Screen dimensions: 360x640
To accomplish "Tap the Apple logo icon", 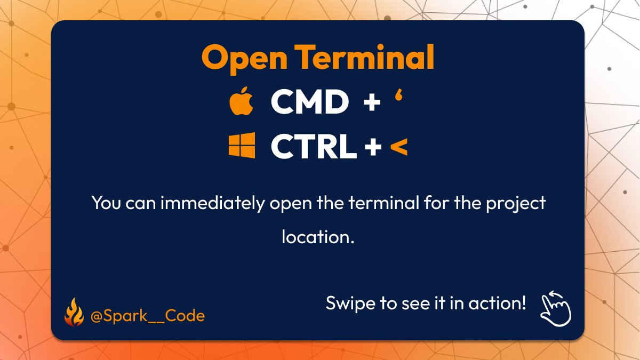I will [x=242, y=102].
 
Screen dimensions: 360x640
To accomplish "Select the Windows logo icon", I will [x=242, y=146].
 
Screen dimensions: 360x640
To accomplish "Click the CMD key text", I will [x=310, y=102].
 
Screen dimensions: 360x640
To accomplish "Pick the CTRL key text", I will [x=314, y=146].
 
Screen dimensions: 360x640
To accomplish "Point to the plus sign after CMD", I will [x=371, y=102].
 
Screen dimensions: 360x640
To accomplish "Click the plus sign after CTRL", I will [x=373, y=146].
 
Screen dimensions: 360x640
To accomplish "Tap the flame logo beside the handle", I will [x=74, y=313].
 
